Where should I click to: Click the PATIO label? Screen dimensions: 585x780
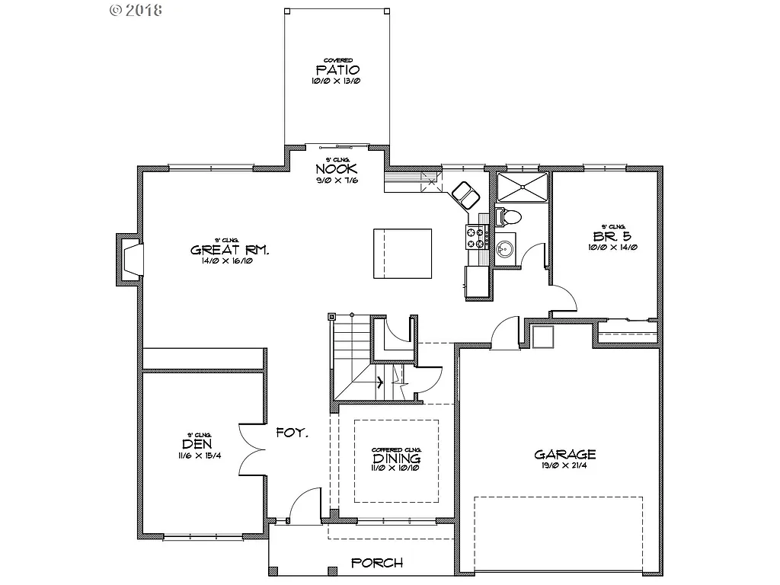click(x=337, y=70)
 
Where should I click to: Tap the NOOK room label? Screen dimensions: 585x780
click(x=337, y=169)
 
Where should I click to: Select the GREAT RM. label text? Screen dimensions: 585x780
click(x=228, y=250)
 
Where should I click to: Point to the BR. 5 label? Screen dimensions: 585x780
click(x=613, y=236)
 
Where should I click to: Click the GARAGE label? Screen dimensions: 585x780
click(x=564, y=455)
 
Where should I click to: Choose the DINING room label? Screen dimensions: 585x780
click(x=396, y=459)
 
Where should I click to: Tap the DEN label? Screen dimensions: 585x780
click(x=197, y=444)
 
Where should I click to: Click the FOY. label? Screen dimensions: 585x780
click(x=292, y=433)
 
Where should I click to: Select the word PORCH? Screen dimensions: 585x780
click(x=377, y=564)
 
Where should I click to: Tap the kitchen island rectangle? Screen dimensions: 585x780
click(x=401, y=253)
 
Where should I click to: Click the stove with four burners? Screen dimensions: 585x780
click(x=477, y=237)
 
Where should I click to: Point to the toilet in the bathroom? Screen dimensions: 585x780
click(x=509, y=216)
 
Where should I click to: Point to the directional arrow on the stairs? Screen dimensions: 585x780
click(x=379, y=382)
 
